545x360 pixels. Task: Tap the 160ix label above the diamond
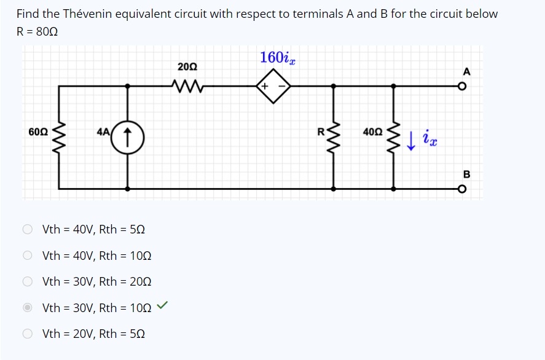pos(278,58)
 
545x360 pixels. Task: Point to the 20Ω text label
pos(187,66)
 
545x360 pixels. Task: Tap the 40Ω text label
pos(372,131)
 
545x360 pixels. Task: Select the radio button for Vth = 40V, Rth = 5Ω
pos(28,230)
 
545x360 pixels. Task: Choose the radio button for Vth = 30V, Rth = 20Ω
pos(28,282)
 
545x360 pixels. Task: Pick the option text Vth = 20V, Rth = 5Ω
pos(93,334)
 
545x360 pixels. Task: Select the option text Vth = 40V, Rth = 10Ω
pos(96,256)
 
